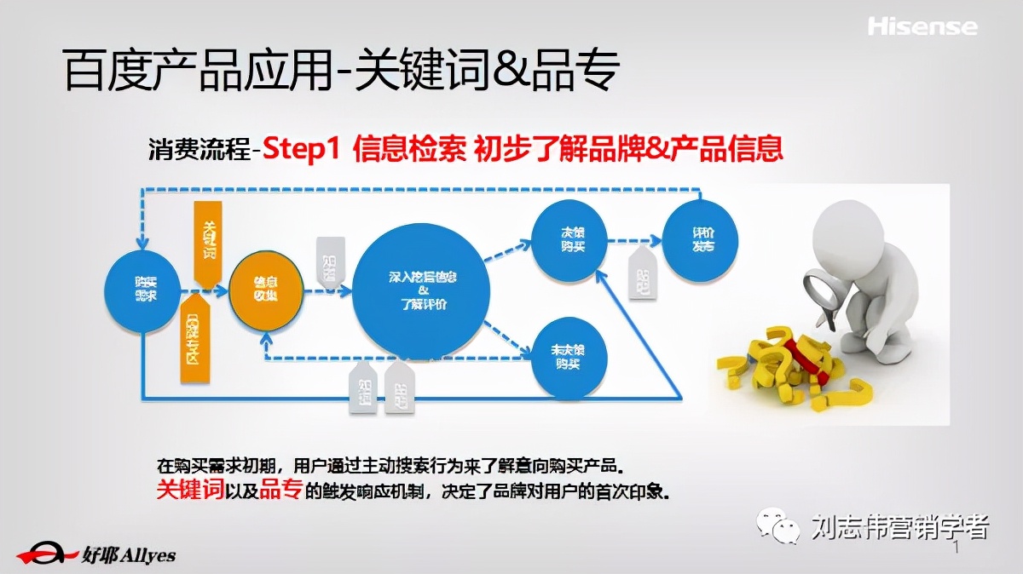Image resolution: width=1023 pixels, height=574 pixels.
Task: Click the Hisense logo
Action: pos(922,26)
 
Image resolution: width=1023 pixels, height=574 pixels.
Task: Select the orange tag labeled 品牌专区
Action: pos(195,336)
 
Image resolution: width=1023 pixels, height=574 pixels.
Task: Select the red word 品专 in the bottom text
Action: pos(280,489)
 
